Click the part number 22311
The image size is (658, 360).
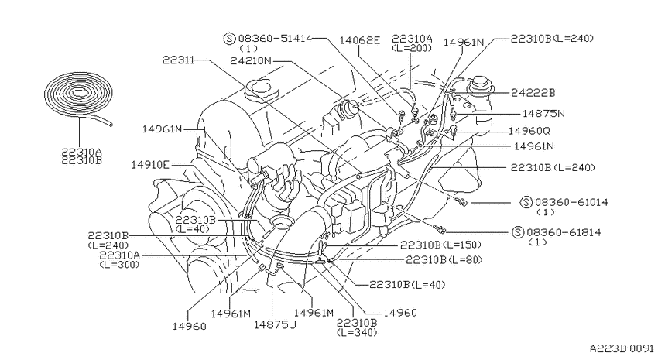pyautogui.click(x=179, y=60)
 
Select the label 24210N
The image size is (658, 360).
pyautogui.click(x=251, y=61)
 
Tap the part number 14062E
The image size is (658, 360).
pyautogui.click(x=360, y=40)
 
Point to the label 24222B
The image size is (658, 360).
pyautogui.click(x=533, y=93)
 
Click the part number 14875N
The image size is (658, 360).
pyautogui.click(x=544, y=113)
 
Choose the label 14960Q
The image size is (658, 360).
pyautogui.click(x=529, y=131)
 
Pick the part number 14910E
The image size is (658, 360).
pyautogui.click(x=150, y=164)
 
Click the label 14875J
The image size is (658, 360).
pyautogui.click(x=275, y=324)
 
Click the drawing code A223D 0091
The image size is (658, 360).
pyautogui.click(x=622, y=348)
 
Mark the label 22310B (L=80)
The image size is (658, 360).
pyautogui.click(x=444, y=259)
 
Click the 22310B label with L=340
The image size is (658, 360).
pyautogui.click(x=357, y=327)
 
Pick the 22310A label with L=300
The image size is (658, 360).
pyautogui.click(x=119, y=259)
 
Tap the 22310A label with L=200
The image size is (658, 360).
pyautogui.click(x=412, y=43)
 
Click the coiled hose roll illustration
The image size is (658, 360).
pyautogui.click(x=78, y=97)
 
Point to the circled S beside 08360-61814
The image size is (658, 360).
pyautogui.click(x=519, y=232)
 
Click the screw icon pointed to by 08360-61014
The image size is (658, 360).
pyautogui.click(x=463, y=203)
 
